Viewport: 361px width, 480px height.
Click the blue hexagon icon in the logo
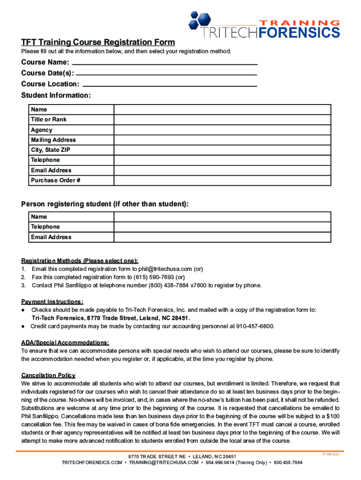tap(199, 20)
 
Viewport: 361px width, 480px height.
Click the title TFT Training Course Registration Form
tap(98, 42)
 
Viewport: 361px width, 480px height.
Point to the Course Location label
tap(50, 84)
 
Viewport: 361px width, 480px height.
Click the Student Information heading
tap(56, 96)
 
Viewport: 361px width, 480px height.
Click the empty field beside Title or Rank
tap(222, 120)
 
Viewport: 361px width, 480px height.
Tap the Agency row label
tap(42, 130)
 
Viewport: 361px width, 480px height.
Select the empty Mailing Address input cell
tap(222, 140)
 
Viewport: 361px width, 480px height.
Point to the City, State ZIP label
tap(51, 150)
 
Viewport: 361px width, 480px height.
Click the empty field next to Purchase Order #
tap(222, 180)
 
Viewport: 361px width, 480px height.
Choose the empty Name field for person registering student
tap(222, 217)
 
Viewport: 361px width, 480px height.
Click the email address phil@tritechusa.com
tap(165, 269)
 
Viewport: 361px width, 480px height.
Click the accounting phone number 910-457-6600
tap(255, 326)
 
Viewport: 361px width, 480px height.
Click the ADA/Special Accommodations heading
tap(65, 343)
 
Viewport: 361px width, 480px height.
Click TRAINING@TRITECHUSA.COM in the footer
tap(164, 463)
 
